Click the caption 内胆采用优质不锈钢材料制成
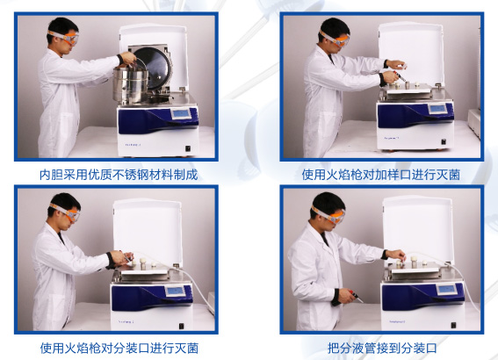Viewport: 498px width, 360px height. (x=119, y=175)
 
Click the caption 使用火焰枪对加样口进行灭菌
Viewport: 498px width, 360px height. (x=381, y=175)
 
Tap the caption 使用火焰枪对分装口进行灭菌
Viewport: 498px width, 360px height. (x=119, y=348)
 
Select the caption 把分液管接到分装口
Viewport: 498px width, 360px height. (x=382, y=348)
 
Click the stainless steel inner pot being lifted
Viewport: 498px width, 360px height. (x=131, y=85)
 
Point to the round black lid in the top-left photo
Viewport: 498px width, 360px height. (x=155, y=67)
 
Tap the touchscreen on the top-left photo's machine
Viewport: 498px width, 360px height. (x=181, y=113)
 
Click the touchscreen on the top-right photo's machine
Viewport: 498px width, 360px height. (x=437, y=109)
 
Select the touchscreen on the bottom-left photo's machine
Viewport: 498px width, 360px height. (x=176, y=291)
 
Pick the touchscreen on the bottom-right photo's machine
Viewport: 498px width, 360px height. (x=445, y=289)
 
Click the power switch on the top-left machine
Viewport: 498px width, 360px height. (x=188, y=148)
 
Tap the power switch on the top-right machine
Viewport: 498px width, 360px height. (x=444, y=142)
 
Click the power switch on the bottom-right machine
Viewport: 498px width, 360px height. (x=453, y=325)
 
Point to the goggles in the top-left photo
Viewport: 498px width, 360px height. (x=64, y=37)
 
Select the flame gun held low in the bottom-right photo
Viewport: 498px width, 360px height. (x=356, y=296)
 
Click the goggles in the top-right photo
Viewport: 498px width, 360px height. (x=336, y=39)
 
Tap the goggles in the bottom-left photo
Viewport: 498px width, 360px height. (x=67, y=212)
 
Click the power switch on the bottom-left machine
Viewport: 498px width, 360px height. (x=181, y=326)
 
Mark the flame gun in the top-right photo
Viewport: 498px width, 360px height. (x=400, y=76)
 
